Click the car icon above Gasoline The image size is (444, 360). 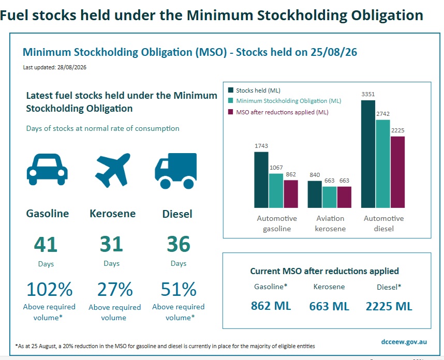point(47,169)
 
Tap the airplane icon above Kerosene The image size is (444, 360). point(113,170)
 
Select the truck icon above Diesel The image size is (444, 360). point(176,171)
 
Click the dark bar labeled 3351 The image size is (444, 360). point(368,154)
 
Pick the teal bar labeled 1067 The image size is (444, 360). point(276,191)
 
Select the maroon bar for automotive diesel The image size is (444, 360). point(397,172)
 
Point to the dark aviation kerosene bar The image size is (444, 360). point(315,194)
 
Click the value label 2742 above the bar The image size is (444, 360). point(383,114)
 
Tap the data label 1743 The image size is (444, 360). point(261,146)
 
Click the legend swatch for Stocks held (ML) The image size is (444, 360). point(230,91)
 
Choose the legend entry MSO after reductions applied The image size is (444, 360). point(278,112)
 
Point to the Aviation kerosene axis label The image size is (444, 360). point(330,223)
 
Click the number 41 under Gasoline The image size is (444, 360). point(46,244)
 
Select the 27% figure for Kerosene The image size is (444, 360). point(115,289)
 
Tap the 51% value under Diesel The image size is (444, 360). point(179,289)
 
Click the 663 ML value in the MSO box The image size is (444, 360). point(329,306)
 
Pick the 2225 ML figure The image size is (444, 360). point(389,306)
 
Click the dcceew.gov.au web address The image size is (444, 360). point(404,341)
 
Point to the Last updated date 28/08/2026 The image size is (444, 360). point(71,67)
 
